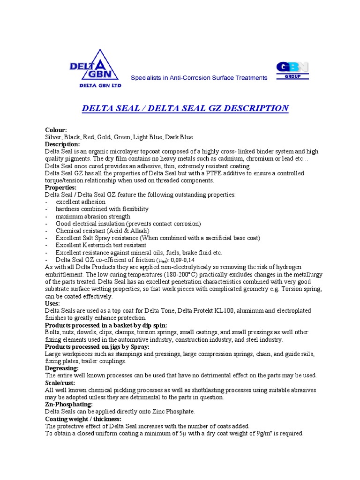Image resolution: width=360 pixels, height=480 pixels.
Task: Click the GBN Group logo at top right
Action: [292, 70]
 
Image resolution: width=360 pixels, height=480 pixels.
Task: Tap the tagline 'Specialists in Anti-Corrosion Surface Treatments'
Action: [199, 78]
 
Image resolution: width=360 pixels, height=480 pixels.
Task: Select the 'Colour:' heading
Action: [56, 130]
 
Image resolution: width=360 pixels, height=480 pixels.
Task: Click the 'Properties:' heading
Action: [60, 187]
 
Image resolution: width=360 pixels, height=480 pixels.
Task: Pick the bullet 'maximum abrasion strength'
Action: [93, 216]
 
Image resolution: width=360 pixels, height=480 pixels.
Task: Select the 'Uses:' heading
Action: [52, 303]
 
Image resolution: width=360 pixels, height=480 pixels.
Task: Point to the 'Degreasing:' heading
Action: [61, 368]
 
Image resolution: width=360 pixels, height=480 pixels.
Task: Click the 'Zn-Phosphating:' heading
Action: [68, 404]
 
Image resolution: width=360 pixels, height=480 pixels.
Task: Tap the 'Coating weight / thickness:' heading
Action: [83, 419]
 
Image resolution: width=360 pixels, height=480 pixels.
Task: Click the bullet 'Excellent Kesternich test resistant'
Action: [101, 245]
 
